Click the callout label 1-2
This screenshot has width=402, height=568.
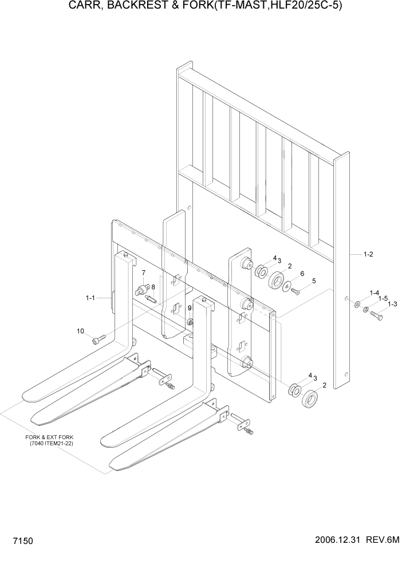368,254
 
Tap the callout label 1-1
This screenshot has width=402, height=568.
90,298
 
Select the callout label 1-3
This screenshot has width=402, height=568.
392,304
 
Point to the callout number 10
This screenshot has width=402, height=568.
80,331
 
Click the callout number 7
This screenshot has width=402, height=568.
143,273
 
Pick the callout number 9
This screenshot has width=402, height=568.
190,308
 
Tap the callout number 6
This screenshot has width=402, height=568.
302,273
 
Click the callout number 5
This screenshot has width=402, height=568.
313,281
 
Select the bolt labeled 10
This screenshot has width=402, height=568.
96,341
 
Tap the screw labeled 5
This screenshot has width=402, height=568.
295,291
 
